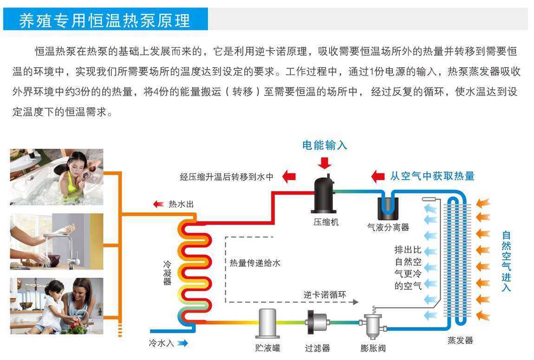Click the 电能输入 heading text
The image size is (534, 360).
pyautogui.click(x=325, y=145)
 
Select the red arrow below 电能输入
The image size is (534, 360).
pyautogui.click(x=325, y=163)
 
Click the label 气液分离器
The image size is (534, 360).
pyautogui.click(x=388, y=227)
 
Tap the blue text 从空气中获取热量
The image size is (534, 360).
pyautogui.click(x=432, y=176)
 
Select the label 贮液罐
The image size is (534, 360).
pyautogui.click(x=267, y=347)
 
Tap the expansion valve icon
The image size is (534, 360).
pyautogui.click(x=370, y=325)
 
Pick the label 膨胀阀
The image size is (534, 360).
pyautogui.click(x=373, y=347)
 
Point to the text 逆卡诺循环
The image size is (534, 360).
pyautogui.click(x=325, y=295)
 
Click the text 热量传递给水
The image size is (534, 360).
pyautogui.click(x=255, y=263)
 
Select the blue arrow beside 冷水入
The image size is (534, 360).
pyautogui.click(x=182, y=343)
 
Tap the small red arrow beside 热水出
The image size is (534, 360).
pyautogui.click(x=158, y=204)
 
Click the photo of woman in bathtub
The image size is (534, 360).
pyautogui.click(x=57, y=177)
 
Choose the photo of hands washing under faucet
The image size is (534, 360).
pyautogui.click(x=57, y=242)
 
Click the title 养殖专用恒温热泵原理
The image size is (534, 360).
pyautogui.click(x=105, y=21)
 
